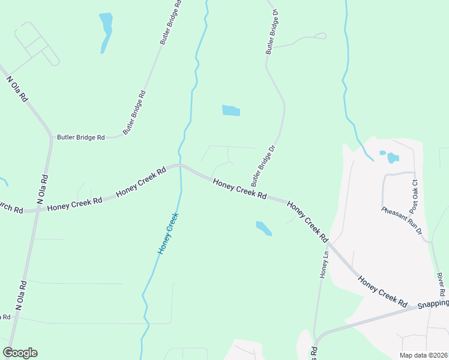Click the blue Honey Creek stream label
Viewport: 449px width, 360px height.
click(x=168, y=233)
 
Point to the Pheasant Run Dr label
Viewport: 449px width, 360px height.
click(x=402, y=220)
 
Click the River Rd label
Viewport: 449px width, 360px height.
click(x=441, y=284)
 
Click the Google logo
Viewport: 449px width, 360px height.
click(x=20, y=353)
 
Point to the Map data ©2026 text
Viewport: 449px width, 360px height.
click(x=423, y=355)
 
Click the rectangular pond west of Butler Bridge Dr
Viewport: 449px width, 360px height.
click(x=231, y=110)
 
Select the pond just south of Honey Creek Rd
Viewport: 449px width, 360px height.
click(x=264, y=228)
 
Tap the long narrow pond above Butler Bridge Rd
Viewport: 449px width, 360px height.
click(x=106, y=31)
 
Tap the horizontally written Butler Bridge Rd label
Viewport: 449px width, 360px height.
click(x=81, y=137)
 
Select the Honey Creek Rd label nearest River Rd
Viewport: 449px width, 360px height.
click(x=383, y=292)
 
